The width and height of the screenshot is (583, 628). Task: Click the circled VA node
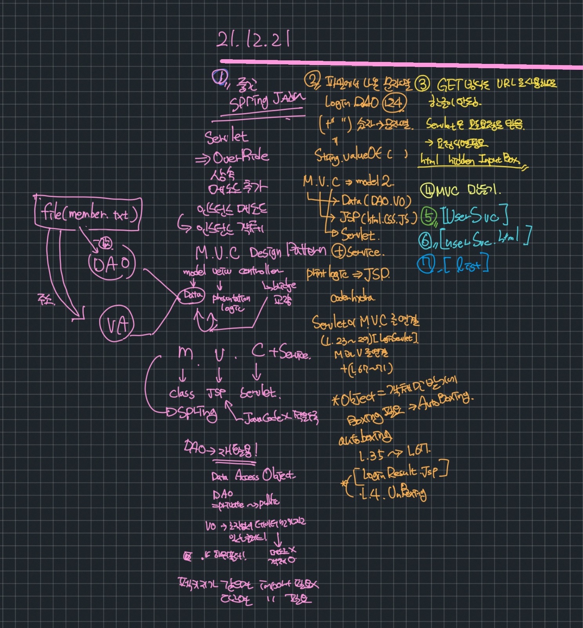coord(117,324)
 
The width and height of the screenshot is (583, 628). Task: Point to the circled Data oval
coord(192,295)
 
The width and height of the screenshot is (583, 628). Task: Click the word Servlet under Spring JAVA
coord(226,136)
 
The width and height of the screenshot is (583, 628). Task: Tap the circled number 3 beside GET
coord(423,84)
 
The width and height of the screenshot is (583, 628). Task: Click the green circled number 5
coord(428,216)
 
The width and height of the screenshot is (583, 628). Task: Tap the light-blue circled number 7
coord(426,264)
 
